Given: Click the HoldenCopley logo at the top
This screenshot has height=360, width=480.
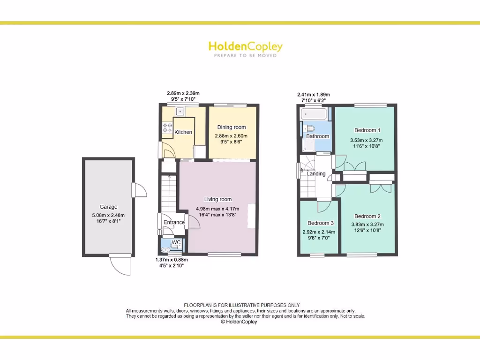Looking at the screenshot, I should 245,47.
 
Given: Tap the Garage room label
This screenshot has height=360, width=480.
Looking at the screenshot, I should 108,207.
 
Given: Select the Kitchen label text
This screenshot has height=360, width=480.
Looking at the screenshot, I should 183,132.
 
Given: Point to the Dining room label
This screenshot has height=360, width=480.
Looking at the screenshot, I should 232,127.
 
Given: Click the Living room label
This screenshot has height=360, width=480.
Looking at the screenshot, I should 218,199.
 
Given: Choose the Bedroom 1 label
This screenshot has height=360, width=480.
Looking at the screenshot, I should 367,130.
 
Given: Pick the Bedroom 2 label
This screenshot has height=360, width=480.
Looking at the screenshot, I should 367,216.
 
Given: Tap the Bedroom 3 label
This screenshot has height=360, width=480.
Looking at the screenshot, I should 321,223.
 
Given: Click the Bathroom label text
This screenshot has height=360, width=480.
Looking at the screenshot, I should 318,136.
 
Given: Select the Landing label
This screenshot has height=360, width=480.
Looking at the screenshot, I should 316,174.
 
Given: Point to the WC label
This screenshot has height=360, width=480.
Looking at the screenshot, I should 176,242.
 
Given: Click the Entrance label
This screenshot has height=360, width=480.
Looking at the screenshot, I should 174,222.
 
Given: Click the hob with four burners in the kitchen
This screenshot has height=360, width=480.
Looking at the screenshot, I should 167,126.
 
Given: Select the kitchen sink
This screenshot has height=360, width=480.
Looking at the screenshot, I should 180,112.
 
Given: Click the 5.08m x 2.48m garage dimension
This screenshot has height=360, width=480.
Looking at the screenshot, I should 108,216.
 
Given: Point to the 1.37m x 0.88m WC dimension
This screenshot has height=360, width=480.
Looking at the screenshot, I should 172,260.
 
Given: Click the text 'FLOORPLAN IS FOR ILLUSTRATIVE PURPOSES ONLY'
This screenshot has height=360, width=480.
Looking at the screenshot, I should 241,305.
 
